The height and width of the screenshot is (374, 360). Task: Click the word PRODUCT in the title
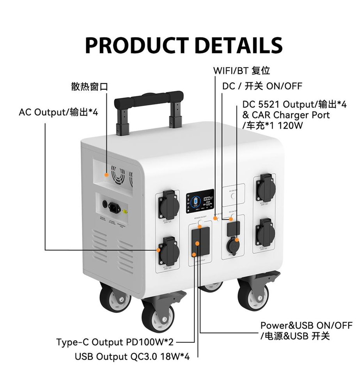click(x=137, y=45)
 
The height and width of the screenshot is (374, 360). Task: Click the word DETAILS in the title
click(x=239, y=45)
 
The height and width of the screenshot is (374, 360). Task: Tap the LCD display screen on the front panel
click(x=200, y=201)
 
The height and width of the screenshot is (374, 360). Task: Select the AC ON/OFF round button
click(x=233, y=196)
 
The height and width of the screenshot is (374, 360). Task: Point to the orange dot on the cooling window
click(x=106, y=176)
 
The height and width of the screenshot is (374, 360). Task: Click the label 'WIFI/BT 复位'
click(x=241, y=71)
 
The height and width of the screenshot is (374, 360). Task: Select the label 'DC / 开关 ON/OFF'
click(x=262, y=86)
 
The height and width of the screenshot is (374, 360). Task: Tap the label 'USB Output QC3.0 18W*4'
click(x=132, y=357)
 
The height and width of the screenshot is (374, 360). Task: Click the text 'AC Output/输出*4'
click(x=58, y=112)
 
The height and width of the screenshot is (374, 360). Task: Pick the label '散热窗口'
click(x=89, y=86)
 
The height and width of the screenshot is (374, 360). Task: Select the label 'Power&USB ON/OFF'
click(x=306, y=325)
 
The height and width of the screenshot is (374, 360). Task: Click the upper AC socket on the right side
click(x=266, y=191)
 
